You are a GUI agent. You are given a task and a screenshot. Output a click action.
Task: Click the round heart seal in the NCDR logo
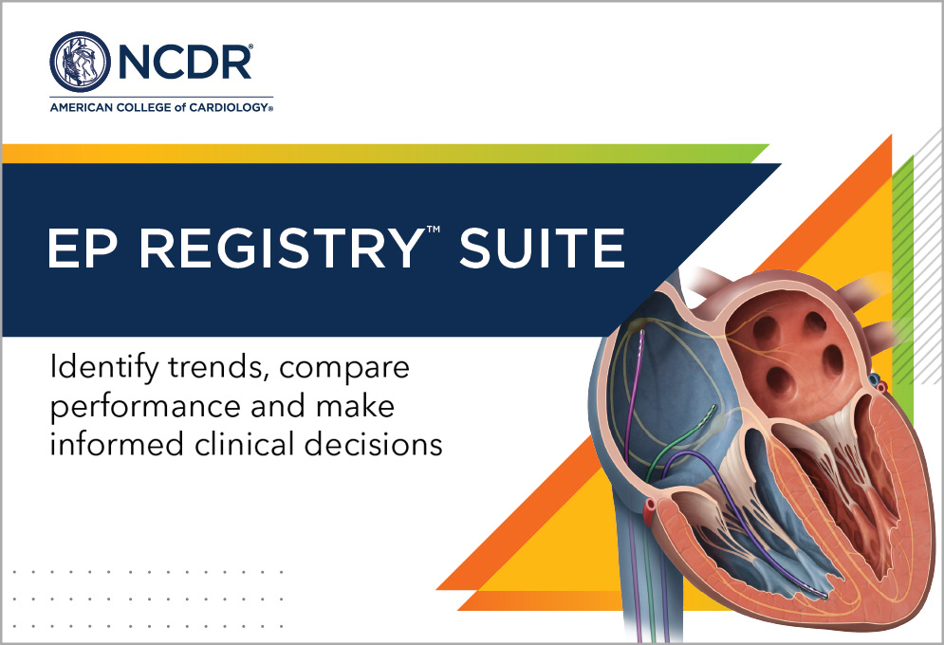click(x=80, y=62)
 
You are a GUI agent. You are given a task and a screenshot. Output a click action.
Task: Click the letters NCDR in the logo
click(x=185, y=62)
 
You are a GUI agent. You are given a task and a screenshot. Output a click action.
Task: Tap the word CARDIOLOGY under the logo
click(x=229, y=108)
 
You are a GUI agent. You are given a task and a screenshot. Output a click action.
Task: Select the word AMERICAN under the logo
click(x=82, y=108)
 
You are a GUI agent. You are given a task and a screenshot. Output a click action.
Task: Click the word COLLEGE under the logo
click(x=143, y=108)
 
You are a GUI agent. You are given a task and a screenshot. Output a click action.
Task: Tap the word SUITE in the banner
click(x=542, y=248)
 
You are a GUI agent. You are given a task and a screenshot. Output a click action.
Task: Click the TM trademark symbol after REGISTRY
click(x=434, y=230)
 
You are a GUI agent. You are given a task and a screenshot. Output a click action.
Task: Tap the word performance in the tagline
click(x=146, y=407)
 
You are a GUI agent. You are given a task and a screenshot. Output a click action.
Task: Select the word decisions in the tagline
click(x=374, y=444)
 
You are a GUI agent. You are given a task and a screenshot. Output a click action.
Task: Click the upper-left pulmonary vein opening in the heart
click(x=767, y=329)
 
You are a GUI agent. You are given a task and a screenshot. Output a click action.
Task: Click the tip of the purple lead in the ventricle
click(x=824, y=595)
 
